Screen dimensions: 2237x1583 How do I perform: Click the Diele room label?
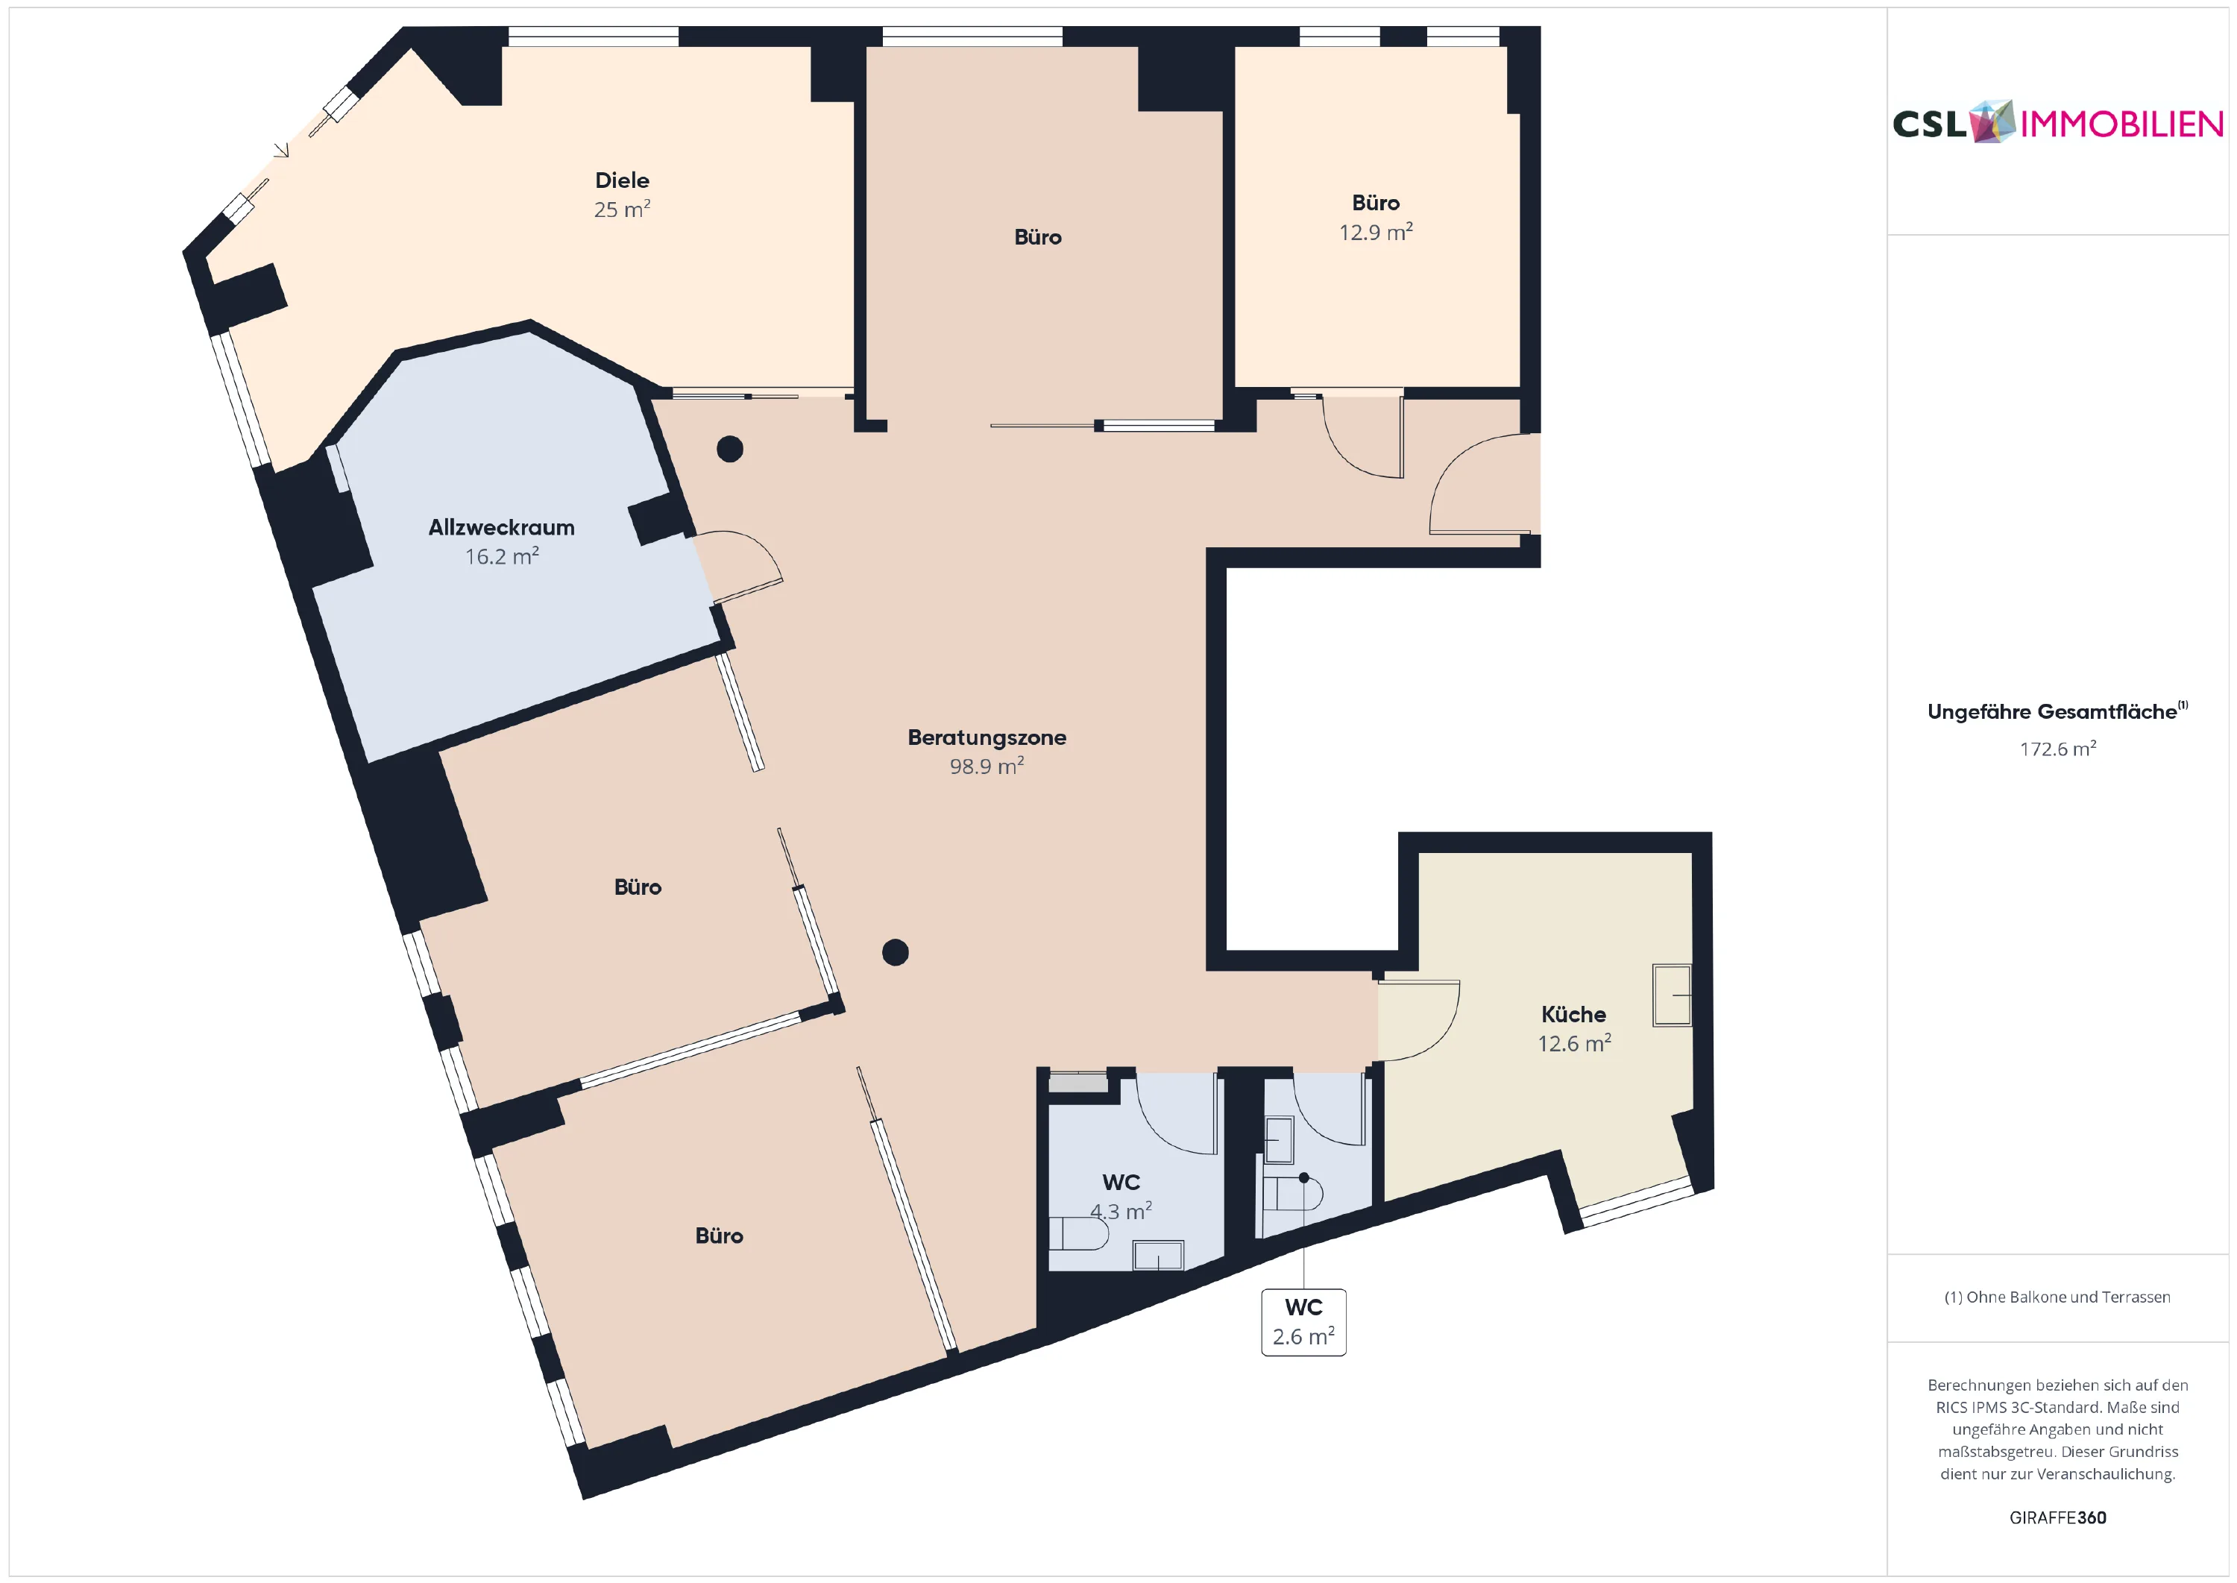click(622, 180)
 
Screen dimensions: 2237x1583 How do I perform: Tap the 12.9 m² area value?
click(1375, 232)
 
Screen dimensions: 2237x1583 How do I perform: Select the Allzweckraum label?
click(501, 527)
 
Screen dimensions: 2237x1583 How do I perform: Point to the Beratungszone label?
click(987, 738)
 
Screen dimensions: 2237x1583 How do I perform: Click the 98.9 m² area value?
click(987, 767)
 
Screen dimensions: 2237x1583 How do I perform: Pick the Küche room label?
click(1573, 1015)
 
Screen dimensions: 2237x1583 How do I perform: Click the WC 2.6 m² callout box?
click(1303, 1322)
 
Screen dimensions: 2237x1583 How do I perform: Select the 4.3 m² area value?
click(1121, 1212)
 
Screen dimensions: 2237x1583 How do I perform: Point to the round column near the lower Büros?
click(895, 952)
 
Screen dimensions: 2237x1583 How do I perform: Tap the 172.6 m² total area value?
click(2057, 749)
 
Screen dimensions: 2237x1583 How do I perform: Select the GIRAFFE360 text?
click(2057, 1517)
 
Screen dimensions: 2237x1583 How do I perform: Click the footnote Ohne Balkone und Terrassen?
click(2057, 1297)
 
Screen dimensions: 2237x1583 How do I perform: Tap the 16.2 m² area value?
click(501, 556)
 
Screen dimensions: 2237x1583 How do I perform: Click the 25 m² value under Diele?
click(622, 209)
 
